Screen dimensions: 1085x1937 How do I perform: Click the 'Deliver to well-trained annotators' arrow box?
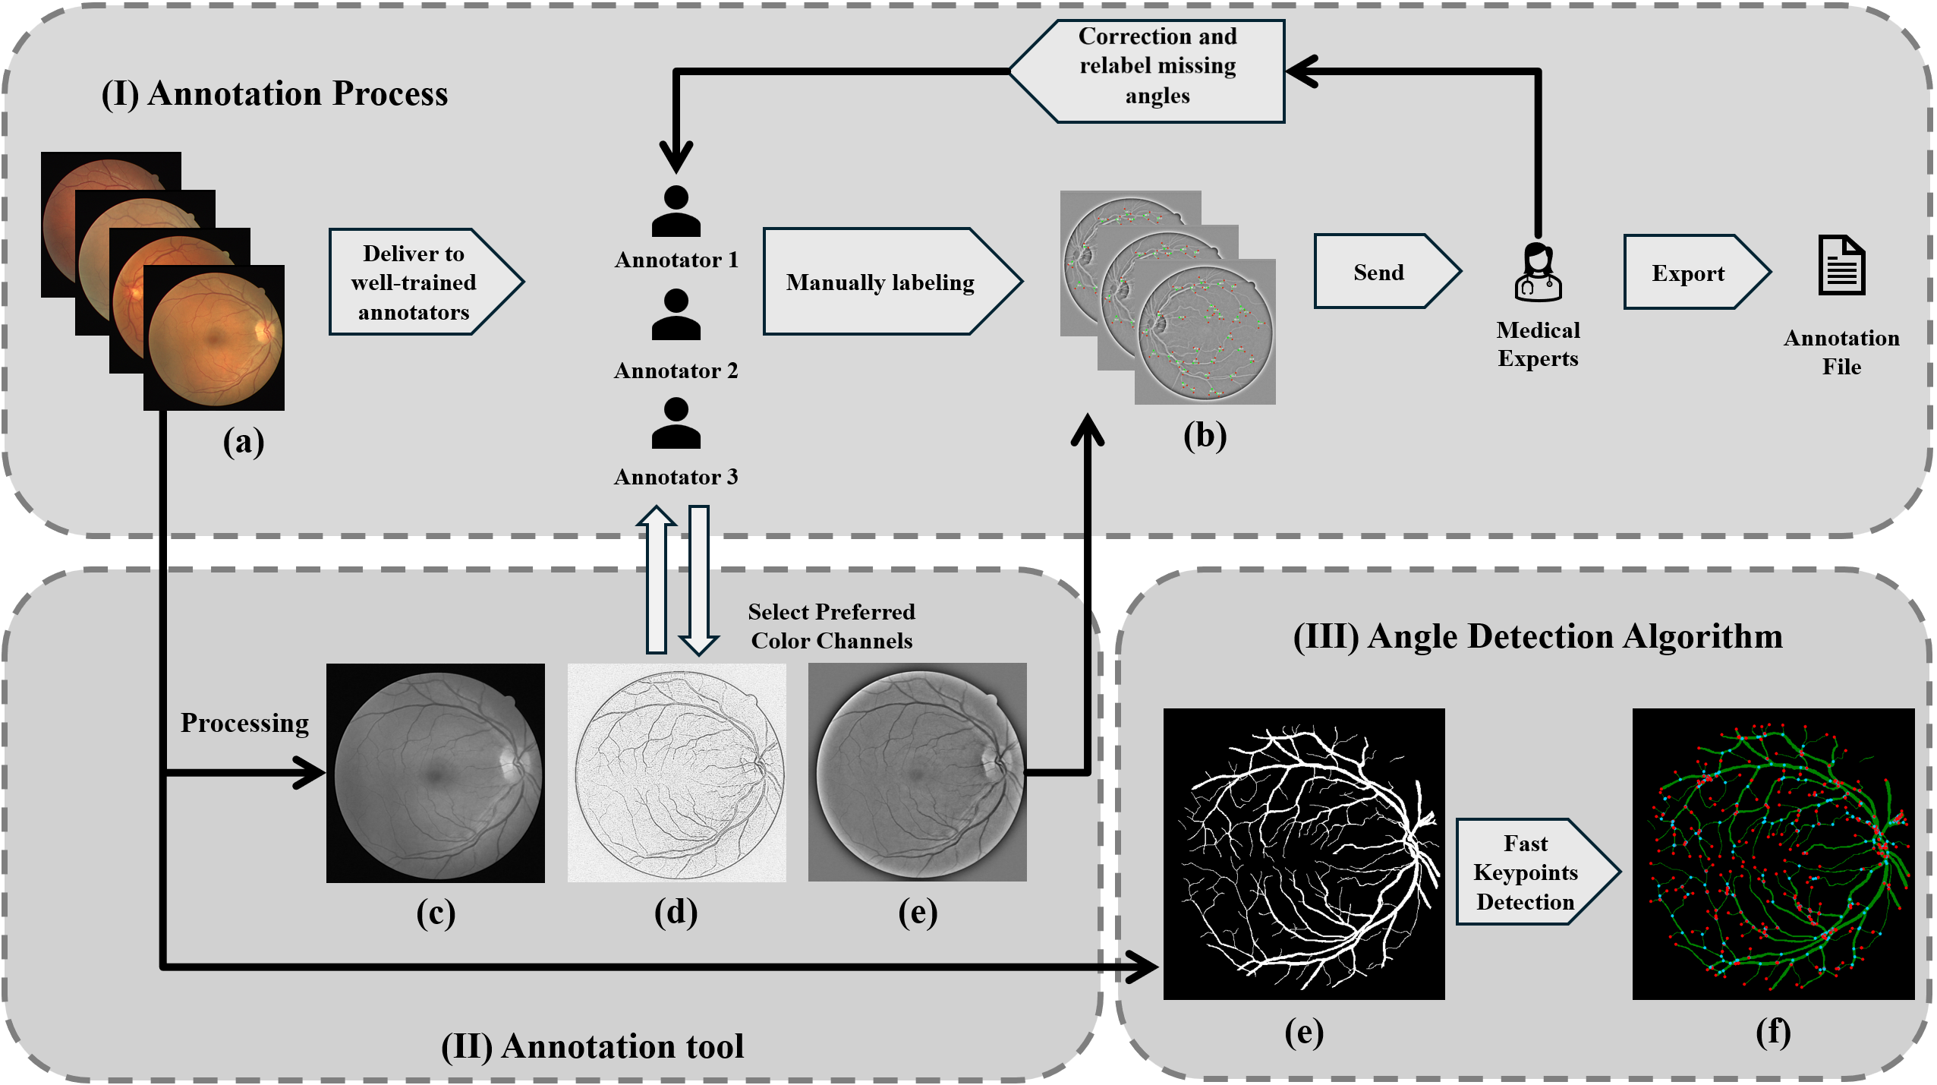pos(416,282)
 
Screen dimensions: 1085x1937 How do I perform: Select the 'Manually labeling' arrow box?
pos(881,282)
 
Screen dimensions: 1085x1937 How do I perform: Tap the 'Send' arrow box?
pos(1379,272)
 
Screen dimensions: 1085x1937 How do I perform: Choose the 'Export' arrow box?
pos(1689,273)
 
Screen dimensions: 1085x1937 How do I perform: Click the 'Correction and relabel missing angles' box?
pos(1157,67)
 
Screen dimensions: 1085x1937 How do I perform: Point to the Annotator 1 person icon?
pos(676,212)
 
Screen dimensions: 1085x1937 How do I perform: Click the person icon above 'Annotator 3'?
pos(676,424)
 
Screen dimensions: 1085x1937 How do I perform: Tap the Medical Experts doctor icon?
pos(1538,273)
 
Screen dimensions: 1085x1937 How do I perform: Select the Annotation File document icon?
pos(1841,266)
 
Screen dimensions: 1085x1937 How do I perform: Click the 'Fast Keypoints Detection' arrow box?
pos(1528,872)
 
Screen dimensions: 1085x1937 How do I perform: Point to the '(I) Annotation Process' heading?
pos(275,94)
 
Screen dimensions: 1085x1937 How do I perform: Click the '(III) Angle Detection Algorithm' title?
pos(1538,636)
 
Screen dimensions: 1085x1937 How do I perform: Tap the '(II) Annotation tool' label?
pos(592,1046)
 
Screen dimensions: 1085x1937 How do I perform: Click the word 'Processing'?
pos(244,723)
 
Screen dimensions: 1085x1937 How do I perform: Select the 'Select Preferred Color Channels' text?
pos(832,626)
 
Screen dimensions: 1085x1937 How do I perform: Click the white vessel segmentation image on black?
pos(1303,853)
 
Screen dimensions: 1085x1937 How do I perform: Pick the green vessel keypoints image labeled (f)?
pos(1773,853)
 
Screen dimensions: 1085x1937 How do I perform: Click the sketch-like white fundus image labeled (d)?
pos(676,773)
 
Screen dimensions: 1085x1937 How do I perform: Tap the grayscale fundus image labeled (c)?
pos(436,773)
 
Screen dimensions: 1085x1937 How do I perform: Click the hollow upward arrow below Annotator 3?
pos(656,581)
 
